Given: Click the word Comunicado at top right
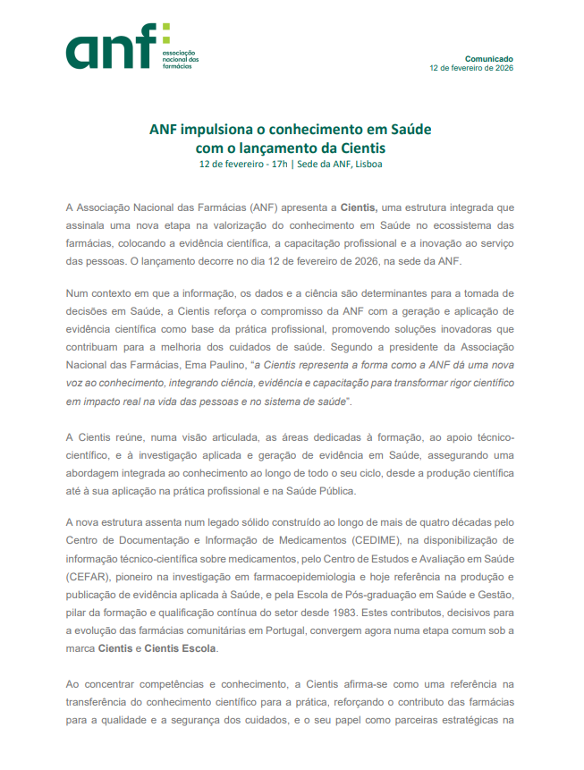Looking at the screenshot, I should tap(489, 58).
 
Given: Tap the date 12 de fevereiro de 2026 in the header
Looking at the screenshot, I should tap(471, 68).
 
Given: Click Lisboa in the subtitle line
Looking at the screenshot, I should tap(369, 165).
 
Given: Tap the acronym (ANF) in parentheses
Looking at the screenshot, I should tap(268, 207).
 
